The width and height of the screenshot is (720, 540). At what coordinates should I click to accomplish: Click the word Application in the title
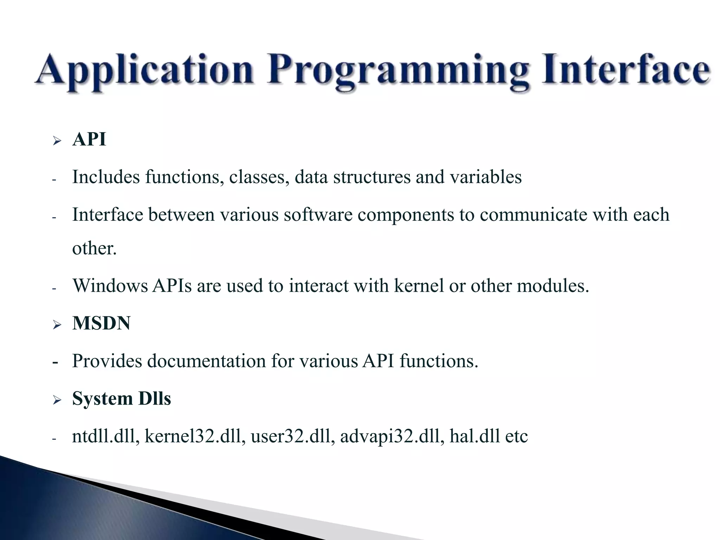[x=144, y=70]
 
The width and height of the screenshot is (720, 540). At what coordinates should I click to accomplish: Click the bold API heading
[x=89, y=139]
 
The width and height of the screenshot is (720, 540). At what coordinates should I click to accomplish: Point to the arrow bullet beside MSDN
[x=57, y=324]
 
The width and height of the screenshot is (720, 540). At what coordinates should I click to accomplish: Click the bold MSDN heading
[x=101, y=323]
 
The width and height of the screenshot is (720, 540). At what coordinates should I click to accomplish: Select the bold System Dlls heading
[x=121, y=399]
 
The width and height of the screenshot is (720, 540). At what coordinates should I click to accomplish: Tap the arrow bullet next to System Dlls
[x=57, y=400]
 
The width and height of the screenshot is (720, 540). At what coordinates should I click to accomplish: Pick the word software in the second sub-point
[x=318, y=214]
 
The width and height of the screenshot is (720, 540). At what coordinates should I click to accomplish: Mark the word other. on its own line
[x=94, y=249]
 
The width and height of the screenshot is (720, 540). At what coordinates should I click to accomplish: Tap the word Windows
[x=110, y=285]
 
